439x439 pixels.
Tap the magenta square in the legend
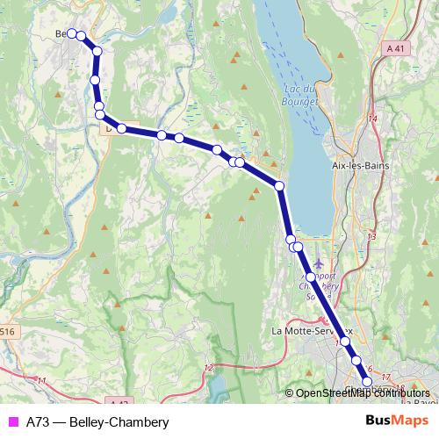click(11, 421)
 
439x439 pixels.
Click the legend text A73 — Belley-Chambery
click(97, 421)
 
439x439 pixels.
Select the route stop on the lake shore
click(279, 186)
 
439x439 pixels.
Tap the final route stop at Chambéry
click(367, 380)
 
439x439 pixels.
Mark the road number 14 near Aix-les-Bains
click(372, 118)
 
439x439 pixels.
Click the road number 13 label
click(371, 236)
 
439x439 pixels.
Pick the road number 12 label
click(208, 367)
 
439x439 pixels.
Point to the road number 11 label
click(41, 380)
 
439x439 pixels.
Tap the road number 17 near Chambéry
click(386, 377)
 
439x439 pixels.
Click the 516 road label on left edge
click(8, 331)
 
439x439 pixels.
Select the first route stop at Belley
click(71, 33)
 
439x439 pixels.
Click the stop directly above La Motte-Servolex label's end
click(346, 341)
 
